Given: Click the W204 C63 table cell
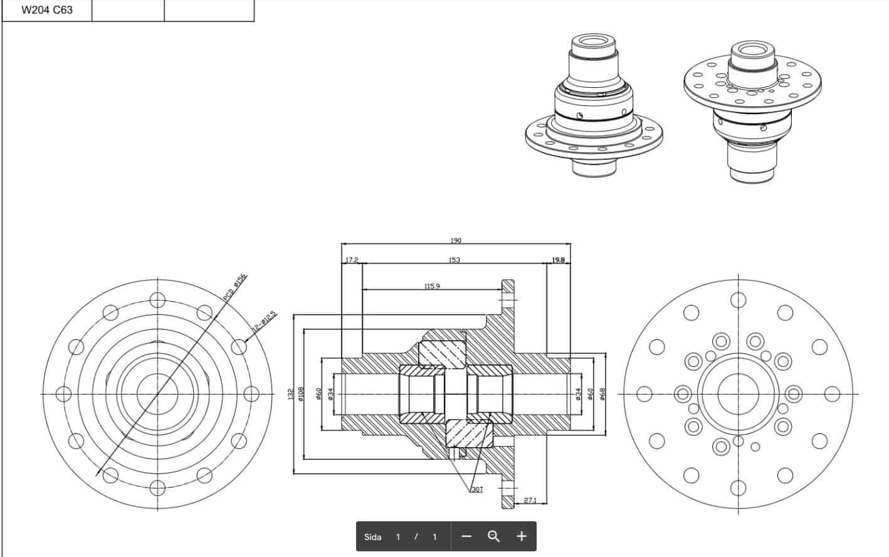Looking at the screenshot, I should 47,10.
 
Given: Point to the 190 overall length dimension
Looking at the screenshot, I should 456,241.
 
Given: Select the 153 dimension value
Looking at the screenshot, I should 455,260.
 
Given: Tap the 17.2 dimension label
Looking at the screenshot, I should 352,260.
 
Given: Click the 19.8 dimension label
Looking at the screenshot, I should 558,260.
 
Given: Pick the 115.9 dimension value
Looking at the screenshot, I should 432,286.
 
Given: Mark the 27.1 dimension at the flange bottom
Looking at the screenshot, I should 530,500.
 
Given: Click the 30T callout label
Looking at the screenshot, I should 477,489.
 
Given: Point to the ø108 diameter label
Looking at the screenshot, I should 301,394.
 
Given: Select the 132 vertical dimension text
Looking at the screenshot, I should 290,394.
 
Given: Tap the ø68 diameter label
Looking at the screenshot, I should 602,394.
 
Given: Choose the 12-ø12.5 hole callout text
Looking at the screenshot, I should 264,321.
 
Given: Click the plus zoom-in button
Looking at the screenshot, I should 522,536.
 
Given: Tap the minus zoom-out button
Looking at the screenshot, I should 466,536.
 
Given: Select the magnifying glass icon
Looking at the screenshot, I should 493,536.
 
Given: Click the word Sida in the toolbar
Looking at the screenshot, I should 373,537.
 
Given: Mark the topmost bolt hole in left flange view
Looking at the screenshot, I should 157,300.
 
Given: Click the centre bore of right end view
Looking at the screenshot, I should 738,394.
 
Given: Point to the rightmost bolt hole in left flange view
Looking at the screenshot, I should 251,394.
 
